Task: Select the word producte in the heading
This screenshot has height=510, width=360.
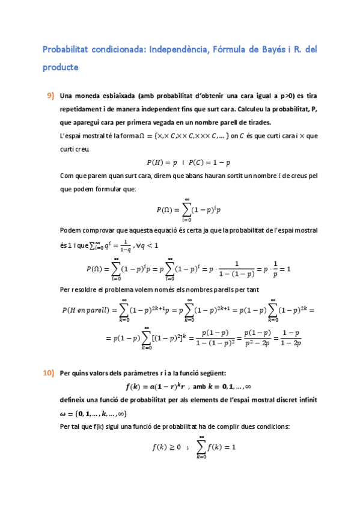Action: pyautogui.click(x=60, y=67)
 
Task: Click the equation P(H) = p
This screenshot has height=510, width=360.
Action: pyautogui.click(x=162, y=162)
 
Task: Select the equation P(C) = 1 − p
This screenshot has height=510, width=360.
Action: pyautogui.click(x=210, y=162)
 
